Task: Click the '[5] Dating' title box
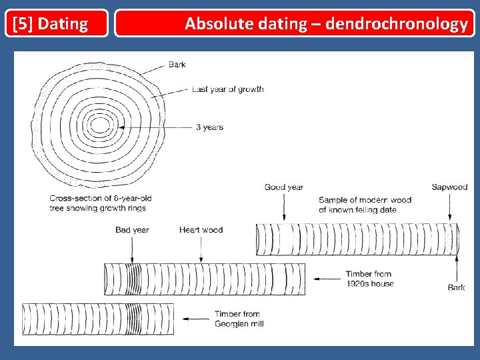pos(56,23)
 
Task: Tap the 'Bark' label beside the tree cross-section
pos(177,65)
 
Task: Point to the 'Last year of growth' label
pos(227,89)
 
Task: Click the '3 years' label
pos(209,127)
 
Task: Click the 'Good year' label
pos(283,187)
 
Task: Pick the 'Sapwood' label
pos(449,187)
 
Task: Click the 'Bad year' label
pos(132,230)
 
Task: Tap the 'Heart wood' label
pos(201,230)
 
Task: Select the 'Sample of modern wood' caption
pos(365,205)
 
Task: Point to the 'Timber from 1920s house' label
pos(369,279)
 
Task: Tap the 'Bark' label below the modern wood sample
pos(457,287)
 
